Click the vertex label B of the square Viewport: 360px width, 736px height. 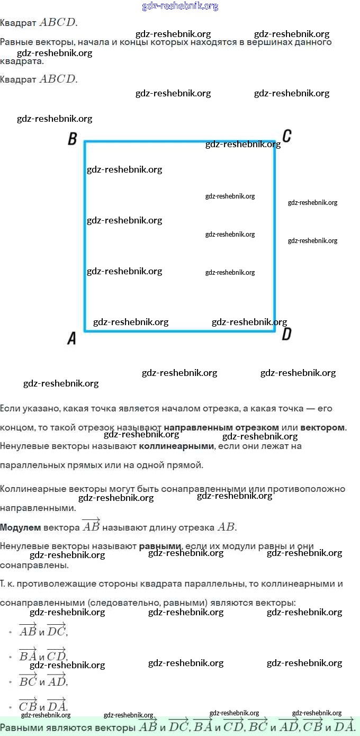(x=73, y=140)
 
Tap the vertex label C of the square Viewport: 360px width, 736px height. (x=286, y=137)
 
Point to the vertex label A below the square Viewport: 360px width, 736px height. (x=72, y=338)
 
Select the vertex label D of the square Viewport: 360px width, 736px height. (x=286, y=334)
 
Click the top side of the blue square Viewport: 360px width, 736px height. (x=180, y=141)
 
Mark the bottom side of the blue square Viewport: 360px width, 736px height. (x=180, y=331)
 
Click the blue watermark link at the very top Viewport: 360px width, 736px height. (x=180, y=6)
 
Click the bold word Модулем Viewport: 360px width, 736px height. (x=20, y=527)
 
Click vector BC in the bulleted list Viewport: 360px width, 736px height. (x=28, y=680)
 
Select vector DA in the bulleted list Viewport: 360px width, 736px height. (x=57, y=705)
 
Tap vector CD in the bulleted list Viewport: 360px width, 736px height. (x=57, y=655)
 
